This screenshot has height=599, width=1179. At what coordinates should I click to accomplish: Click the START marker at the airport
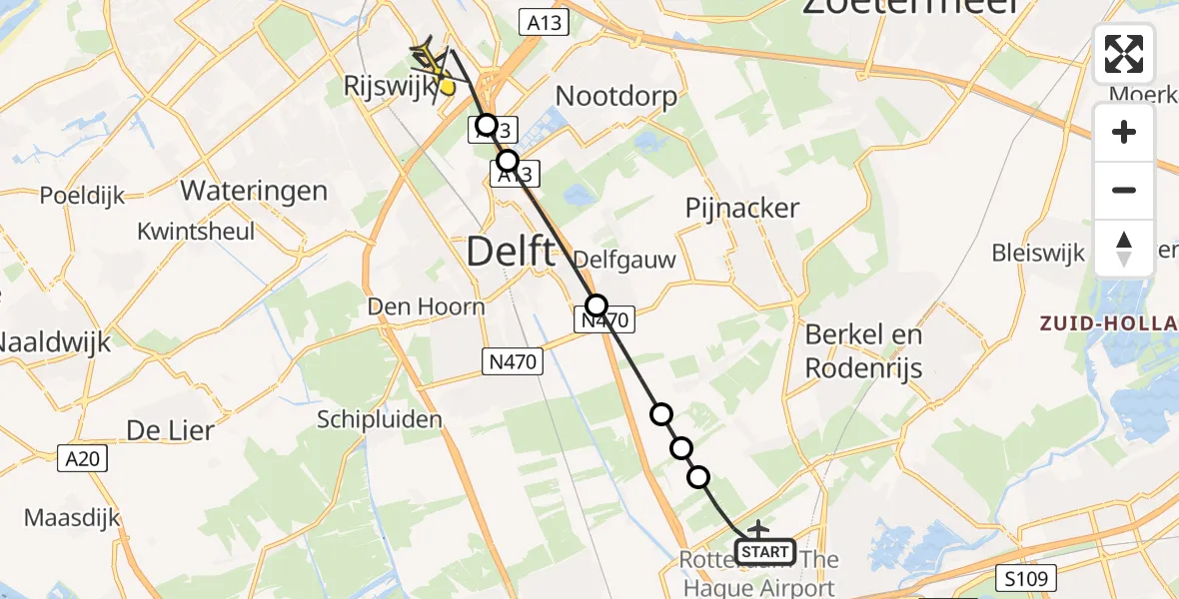point(765,551)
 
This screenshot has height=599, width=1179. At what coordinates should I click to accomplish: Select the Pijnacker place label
point(742,209)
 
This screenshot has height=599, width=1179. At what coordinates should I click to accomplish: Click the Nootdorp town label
point(615,97)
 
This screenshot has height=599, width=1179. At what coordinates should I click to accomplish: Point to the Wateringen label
point(254,190)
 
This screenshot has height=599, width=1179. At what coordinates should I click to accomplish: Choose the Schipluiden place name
point(380,419)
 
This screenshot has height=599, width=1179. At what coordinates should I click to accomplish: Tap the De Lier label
point(170,430)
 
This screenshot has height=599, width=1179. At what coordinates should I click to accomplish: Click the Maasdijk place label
point(72,518)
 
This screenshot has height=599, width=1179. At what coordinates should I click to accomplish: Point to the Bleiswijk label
point(1038,253)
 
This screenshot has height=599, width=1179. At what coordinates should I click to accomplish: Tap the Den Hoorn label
point(426,305)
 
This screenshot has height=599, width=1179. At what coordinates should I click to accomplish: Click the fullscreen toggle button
point(1124,53)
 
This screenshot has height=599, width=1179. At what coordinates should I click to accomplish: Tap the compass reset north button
point(1124,248)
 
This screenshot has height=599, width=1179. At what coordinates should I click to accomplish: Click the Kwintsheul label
point(197,232)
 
